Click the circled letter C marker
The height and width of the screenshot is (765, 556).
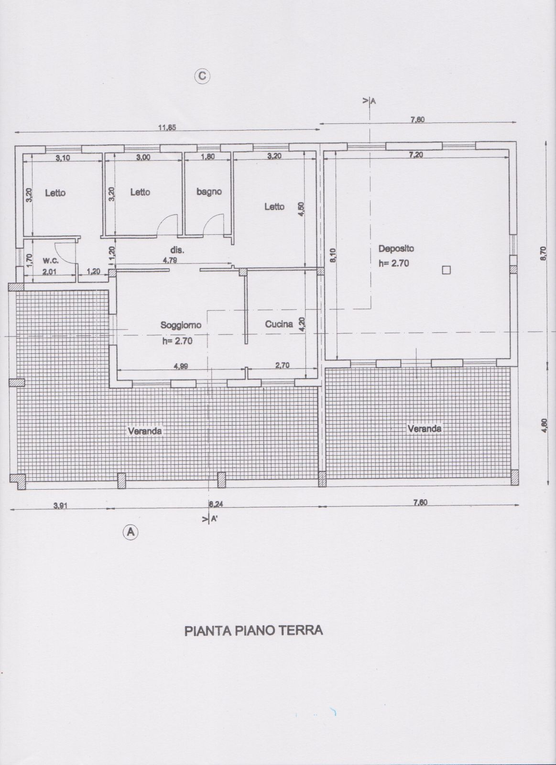pyautogui.click(x=203, y=75)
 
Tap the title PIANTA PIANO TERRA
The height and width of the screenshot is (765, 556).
pyautogui.click(x=253, y=630)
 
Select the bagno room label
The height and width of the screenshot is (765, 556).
pyautogui.click(x=209, y=192)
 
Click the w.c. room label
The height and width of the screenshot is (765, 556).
pyautogui.click(x=51, y=261)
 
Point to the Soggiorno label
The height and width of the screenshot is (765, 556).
pyautogui.click(x=181, y=325)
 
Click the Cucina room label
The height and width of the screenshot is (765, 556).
pyautogui.click(x=279, y=324)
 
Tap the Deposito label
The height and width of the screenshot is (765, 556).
pyautogui.click(x=396, y=249)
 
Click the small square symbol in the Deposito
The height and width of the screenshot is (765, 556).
pyautogui.click(x=446, y=270)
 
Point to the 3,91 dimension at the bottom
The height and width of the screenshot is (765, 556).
pyautogui.click(x=60, y=505)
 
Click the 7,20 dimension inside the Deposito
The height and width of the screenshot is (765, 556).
pyautogui.click(x=417, y=154)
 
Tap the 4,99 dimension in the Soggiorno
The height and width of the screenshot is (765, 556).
pyautogui.click(x=181, y=366)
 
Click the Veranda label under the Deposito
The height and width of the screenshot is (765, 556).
pyautogui.click(x=425, y=428)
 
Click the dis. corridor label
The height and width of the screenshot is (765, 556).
pyautogui.click(x=177, y=250)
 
